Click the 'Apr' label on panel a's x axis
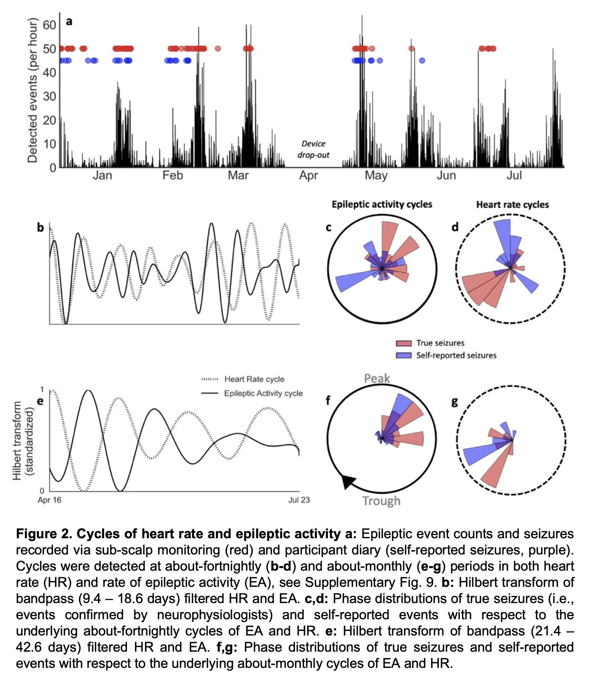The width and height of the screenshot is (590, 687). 308,175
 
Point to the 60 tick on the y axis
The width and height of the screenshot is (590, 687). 49,25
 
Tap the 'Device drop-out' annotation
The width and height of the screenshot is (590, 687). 313,149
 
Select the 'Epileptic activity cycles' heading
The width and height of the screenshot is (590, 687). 382,204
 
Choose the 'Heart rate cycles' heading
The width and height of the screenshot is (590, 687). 512,204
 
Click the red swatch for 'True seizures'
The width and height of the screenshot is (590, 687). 403,343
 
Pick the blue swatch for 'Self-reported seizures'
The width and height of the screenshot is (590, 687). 403,355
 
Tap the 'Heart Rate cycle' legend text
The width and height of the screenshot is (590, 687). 254,379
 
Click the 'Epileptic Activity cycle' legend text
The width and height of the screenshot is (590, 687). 263,393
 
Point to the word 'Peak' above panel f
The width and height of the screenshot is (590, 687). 377,378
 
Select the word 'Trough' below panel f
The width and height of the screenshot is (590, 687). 381,501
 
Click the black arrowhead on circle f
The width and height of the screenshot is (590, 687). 348,481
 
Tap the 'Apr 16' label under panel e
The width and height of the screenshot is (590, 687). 49,500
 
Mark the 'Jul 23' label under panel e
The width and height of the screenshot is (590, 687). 299,500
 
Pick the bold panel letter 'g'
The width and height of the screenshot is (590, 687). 455,402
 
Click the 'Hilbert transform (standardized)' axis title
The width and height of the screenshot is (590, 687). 23,440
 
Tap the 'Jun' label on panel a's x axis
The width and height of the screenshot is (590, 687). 446,175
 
